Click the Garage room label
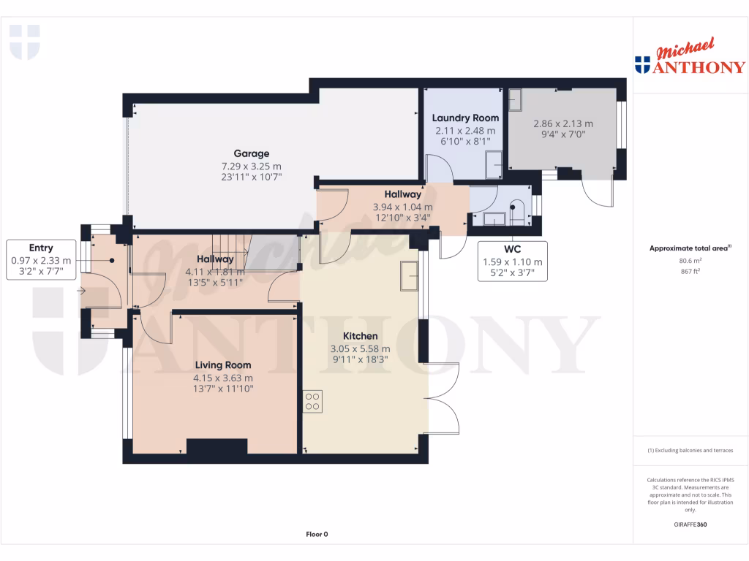[252, 153]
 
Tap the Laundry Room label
[465, 118]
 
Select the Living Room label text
[222, 365]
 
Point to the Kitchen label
[361, 336]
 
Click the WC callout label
[512, 249]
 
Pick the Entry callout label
[41, 248]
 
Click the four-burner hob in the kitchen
[312, 401]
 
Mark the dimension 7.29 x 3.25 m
[252, 166]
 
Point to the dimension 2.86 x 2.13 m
[562, 123]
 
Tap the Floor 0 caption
[317, 534]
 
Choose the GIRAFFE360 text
[690, 524]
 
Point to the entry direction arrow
[81, 291]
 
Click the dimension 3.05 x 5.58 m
[361, 348]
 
